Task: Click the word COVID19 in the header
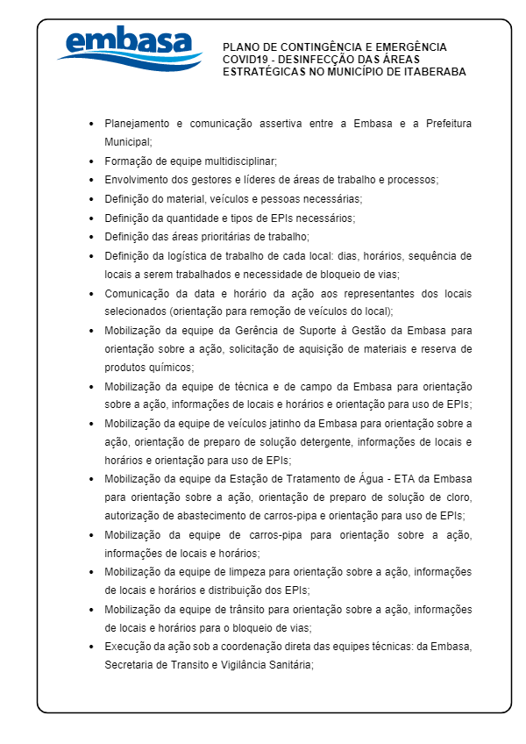(244, 60)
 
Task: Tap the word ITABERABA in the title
(435, 72)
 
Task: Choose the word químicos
(149, 368)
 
